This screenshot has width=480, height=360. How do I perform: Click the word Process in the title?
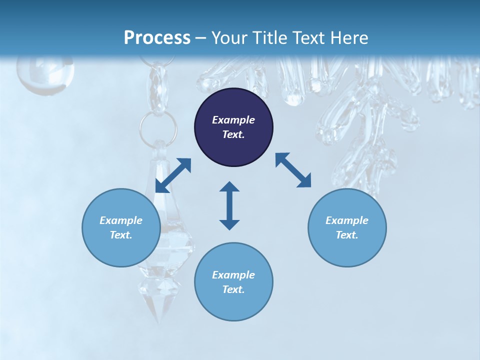click(157, 37)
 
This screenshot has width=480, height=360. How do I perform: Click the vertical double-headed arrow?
click(229, 205)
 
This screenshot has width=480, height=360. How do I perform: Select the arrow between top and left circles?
click(173, 175)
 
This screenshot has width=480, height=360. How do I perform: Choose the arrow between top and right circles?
click(293, 170)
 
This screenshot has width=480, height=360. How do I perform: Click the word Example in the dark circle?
click(233, 120)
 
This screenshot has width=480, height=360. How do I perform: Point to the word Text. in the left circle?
click(121, 235)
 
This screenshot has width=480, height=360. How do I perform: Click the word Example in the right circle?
click(347, 220)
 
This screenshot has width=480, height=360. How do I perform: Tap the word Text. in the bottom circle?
click(233, 289)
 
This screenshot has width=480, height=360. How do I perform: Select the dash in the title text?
click(200, 38)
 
